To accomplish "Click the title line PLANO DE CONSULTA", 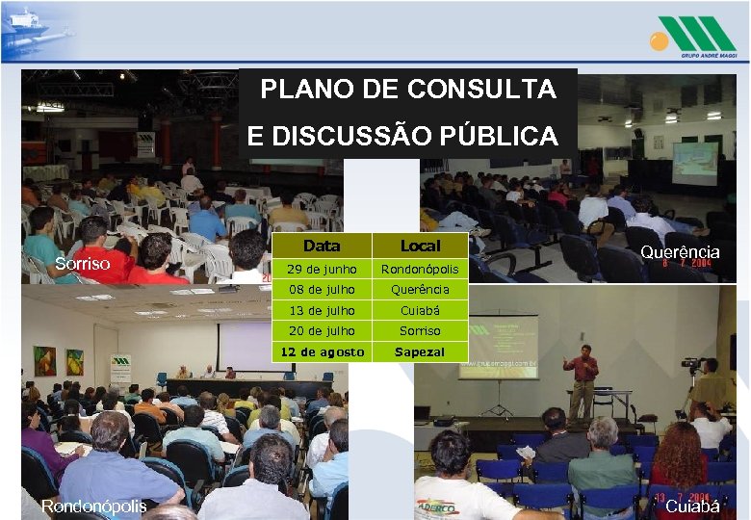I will coord(408,90).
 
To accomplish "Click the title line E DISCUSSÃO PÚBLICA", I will coord(402,137).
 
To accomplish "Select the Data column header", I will coord(321,247).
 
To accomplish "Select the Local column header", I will coord(420,247).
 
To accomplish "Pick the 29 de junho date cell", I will coord(321,269).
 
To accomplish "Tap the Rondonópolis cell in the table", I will coord(420,269).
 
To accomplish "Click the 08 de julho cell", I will coord(321,289).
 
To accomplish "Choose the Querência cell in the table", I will coord(420,289).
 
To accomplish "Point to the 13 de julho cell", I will coord(321,310).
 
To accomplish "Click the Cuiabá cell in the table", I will coord(420,310).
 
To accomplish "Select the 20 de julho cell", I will coord(321,330).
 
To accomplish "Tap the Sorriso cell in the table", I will coord(420,330).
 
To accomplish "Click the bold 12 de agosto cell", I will coord(321,351).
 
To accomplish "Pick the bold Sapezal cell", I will coord(420,351).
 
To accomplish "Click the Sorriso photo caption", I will coord(83,263).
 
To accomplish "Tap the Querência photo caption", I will coord(680,251).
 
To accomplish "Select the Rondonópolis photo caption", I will coord(93,506).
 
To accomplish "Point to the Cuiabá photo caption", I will coord(692,506).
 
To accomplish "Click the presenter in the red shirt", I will coord(582,380).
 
